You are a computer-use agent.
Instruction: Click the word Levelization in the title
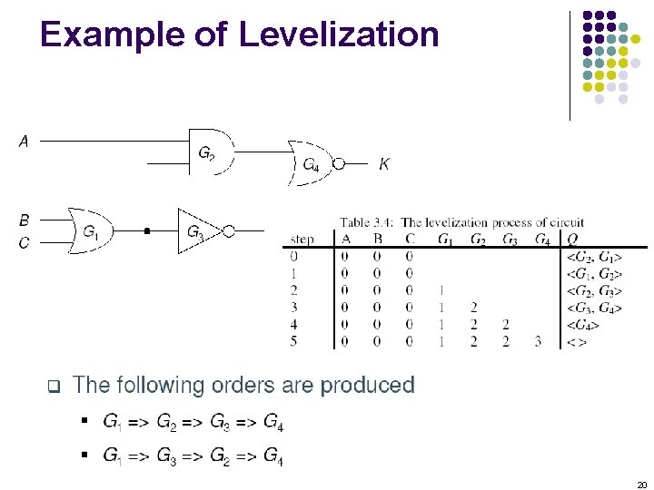tap(339, 34)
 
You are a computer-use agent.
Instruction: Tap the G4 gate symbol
tap(310, 164)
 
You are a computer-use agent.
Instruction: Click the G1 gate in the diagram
tap(91, 231)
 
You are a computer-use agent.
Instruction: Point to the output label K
tap(384, 164)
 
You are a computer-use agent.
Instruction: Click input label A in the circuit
tap(24, 142)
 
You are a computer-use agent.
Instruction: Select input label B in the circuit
tap(24, 220)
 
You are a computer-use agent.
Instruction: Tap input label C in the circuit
tap(24, 242)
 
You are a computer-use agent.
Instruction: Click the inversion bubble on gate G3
tap(229, 231)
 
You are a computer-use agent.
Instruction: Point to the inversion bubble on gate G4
tap(339, 164)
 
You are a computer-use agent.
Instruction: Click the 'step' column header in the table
tap(302, 240)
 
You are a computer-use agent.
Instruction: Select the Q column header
tap(572, 240)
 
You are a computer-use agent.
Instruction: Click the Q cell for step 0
tap(594, 256)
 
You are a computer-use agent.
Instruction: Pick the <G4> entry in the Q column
tap(581, 325)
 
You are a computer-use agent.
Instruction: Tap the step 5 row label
tap(293, 342)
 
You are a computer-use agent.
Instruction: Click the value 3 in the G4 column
tap(538, 342)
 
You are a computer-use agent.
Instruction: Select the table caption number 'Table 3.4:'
tap(368, 222)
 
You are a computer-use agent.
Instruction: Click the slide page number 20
tap(640, 485)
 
